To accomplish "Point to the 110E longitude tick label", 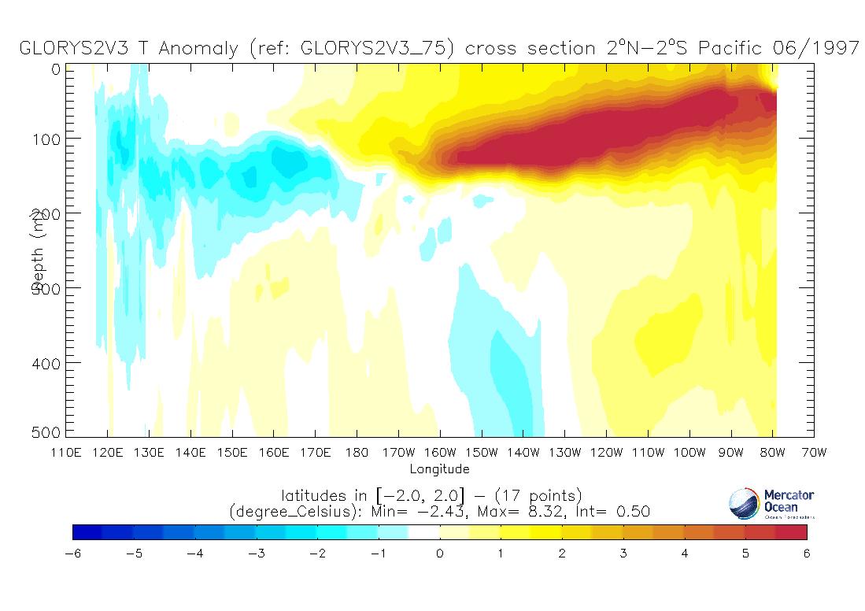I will pyautogui.click(x=65, y=453).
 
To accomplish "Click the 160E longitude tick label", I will pyautogui.click(x=273, y=453).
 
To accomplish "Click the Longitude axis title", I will pyautogui.click(x=439, y=469).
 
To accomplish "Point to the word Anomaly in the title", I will pyautogui.click(x=198, y=49).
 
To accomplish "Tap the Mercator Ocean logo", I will pyautogui.click(x=771, y=504).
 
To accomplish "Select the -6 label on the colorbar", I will pyautogui.click(x=72, y=554).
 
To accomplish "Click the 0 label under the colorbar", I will pyautogui.click(x=440, y=554).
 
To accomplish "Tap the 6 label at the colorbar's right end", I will pyautogui.click(x=807, y=554).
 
